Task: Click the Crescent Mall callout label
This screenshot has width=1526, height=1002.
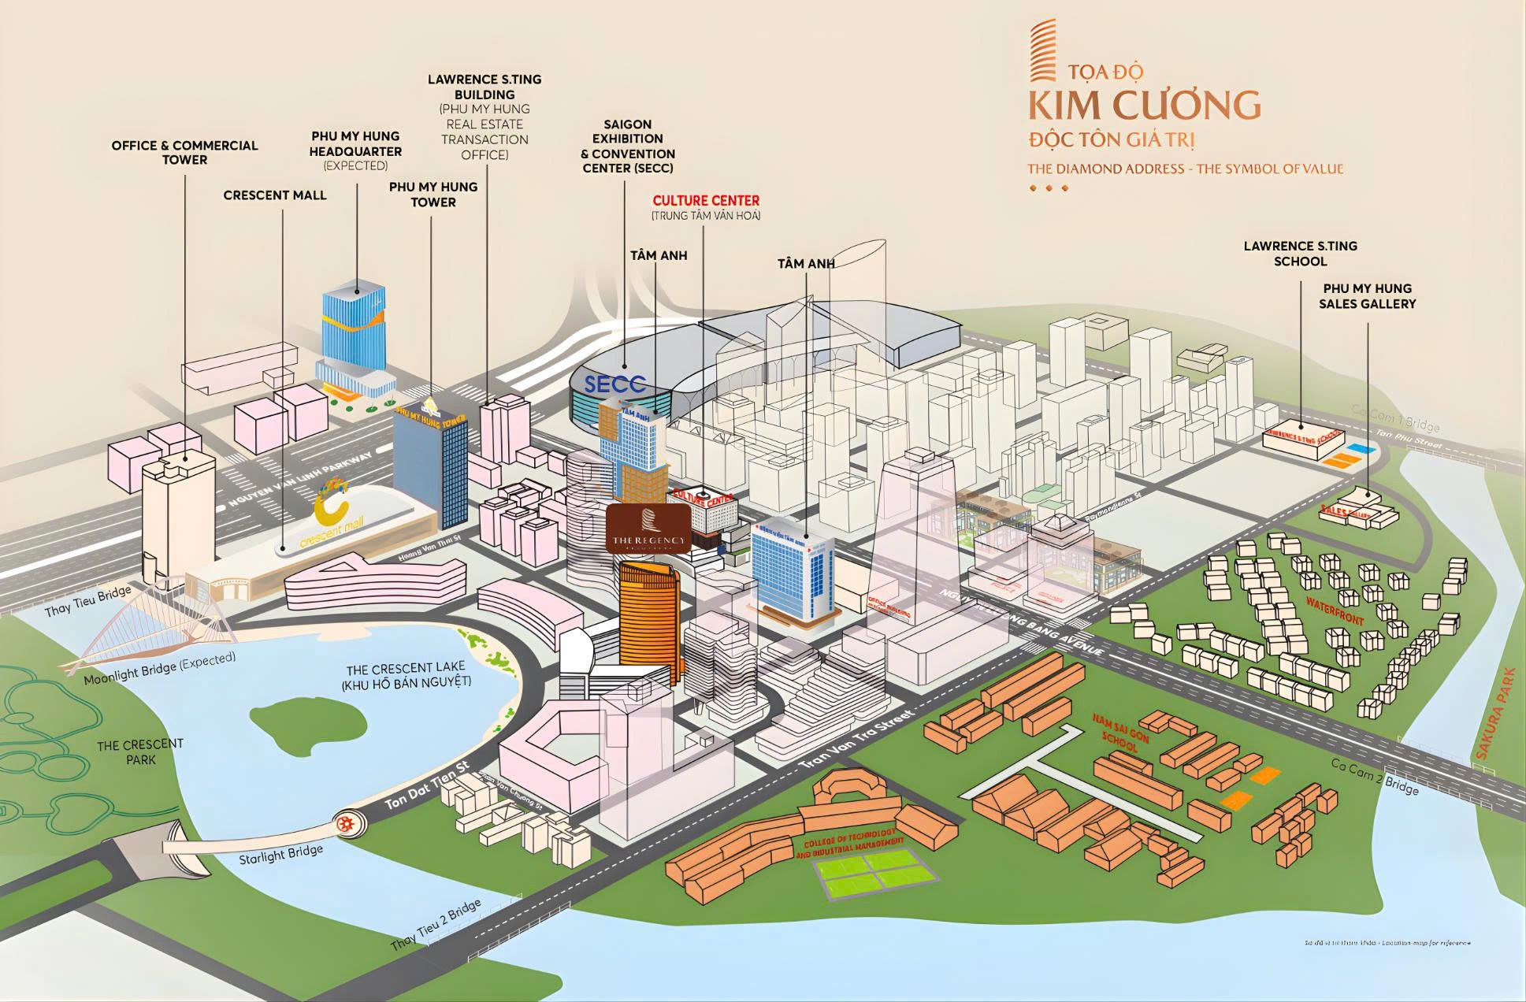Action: (274, 195)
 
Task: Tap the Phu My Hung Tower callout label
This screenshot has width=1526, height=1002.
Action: (433, 195)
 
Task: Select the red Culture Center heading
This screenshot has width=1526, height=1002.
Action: (706, 201)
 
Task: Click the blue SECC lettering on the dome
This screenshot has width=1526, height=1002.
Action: (614, 384)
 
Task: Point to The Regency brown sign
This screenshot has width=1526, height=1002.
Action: (648, 528)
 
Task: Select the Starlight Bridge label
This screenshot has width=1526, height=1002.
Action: (280, 854)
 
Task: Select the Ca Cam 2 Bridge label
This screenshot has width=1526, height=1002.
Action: (1374, 777)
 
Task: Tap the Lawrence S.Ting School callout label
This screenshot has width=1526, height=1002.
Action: (1300, 254)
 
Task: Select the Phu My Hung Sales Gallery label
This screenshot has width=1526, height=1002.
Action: (1367, 296)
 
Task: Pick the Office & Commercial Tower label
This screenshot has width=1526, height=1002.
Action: (184, 152)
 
